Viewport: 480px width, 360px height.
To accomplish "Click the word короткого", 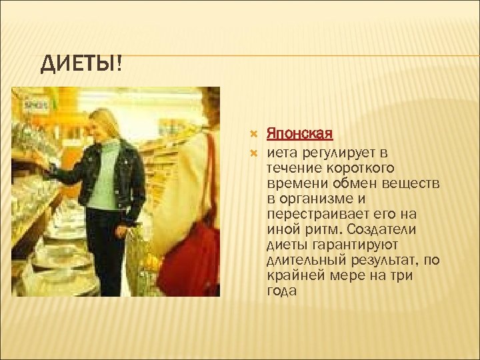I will [x=354, y=168].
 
